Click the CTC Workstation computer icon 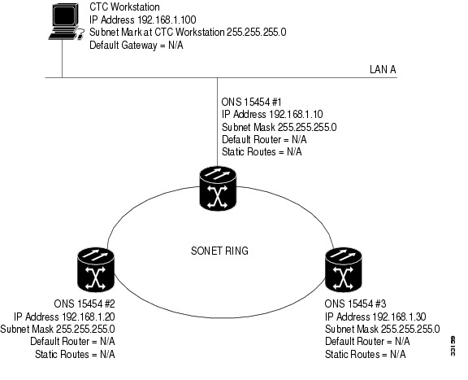66,21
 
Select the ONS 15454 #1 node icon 218,188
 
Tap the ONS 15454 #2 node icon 96,269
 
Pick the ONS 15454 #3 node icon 343,269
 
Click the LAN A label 383,69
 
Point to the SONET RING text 219,251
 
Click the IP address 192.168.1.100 167,20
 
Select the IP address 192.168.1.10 296,114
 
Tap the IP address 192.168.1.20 89,317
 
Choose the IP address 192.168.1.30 400,317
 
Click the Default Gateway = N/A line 136,45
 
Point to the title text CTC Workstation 124,7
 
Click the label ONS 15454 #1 251,102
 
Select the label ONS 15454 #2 84,304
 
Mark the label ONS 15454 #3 355,304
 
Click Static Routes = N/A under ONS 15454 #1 262,152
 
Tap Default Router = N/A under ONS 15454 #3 367,341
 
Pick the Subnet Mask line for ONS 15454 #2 58,330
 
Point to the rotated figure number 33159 453,346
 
